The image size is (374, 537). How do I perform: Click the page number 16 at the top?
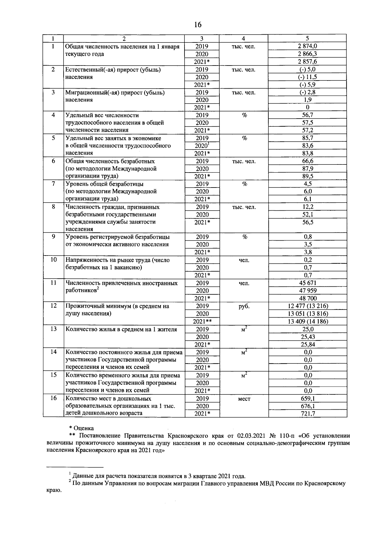(x=198, y=25)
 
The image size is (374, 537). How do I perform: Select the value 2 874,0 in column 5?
(x=307, y=46)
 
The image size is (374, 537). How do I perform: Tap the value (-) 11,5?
(x=307, y=77)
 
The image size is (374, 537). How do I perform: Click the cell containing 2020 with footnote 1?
(x=202, y=145)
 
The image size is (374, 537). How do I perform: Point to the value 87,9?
(x=307, y=168)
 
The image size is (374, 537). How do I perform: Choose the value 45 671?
(x=307, y=283)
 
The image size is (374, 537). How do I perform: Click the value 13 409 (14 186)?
(x=307, y=321)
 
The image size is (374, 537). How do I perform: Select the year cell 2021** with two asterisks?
(x=202, y=321)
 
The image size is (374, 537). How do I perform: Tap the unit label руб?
(x=244, y=306)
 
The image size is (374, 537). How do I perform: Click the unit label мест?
(x=244, y=398)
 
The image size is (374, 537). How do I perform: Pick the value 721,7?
(x=307, y=413)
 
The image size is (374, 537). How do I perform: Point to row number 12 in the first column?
(x=53, y=306)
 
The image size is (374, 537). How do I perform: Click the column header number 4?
(x=243, y=38)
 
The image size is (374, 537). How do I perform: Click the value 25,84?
(x=307, y=344)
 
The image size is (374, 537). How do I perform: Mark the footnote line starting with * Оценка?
(x=81, y=428)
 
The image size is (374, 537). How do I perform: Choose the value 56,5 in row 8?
(x=307, y=222)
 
